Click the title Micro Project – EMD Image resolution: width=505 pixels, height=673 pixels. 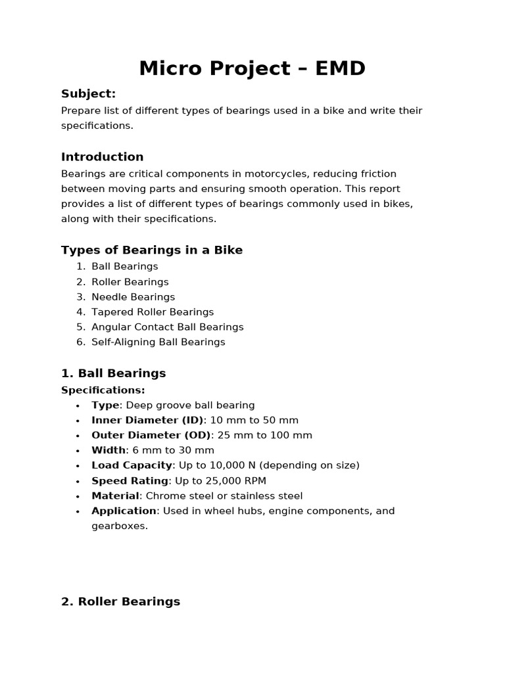[252, 68]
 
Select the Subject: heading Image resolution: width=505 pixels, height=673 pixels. [88, 93]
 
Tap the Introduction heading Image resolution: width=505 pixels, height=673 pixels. [102, 156]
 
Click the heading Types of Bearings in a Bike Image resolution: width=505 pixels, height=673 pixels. [152, 250]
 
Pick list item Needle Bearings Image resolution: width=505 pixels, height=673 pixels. [133, 296]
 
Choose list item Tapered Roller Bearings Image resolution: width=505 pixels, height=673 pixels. [153, 312]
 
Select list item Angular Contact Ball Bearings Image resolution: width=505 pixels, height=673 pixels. [167, 327]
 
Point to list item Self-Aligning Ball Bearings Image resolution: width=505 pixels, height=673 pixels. [158, 342]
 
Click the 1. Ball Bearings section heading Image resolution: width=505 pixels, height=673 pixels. [113, 373]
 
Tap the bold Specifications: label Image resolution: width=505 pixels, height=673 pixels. [103, 390]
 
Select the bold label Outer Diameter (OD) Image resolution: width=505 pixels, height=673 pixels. [151, 435]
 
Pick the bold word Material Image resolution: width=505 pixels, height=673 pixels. [115, 496]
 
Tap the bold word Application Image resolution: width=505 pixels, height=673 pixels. [124, 511]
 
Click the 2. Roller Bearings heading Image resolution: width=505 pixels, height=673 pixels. [120, 601]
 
